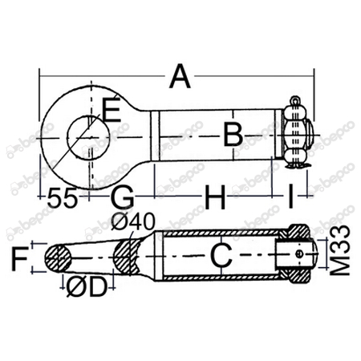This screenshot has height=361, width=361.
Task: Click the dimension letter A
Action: click(x=181, y=79)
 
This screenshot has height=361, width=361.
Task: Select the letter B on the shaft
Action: click(x=232, y=135)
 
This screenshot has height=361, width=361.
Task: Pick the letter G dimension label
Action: click(x=121, y=195)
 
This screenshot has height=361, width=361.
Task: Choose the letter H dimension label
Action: click(x=214, y=195)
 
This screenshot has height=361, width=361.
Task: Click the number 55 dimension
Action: click(x=62, y=196)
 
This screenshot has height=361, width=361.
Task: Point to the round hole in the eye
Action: click(x=81, y=133)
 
